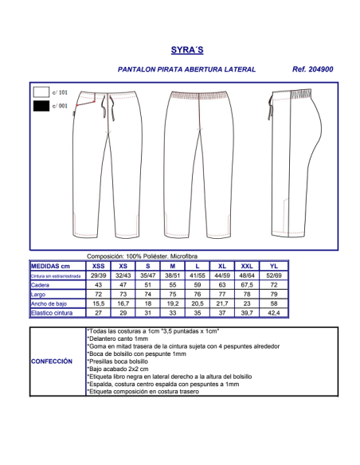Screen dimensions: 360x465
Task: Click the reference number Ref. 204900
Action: (x=312, y=70)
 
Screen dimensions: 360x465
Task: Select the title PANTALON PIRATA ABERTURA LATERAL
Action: (x=186, y=70)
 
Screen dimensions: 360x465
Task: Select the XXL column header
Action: (x=248, y=265)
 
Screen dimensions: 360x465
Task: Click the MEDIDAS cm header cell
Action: (x=56, y=265)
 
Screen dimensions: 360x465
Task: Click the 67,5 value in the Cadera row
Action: (x=248, y=284)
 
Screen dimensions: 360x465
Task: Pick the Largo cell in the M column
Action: (x=173, y=294)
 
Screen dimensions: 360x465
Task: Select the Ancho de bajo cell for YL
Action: (x=273, y=303)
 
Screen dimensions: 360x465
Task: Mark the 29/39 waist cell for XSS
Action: (x=98, y=275)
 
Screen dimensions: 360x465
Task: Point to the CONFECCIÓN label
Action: (x=57, y=361)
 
